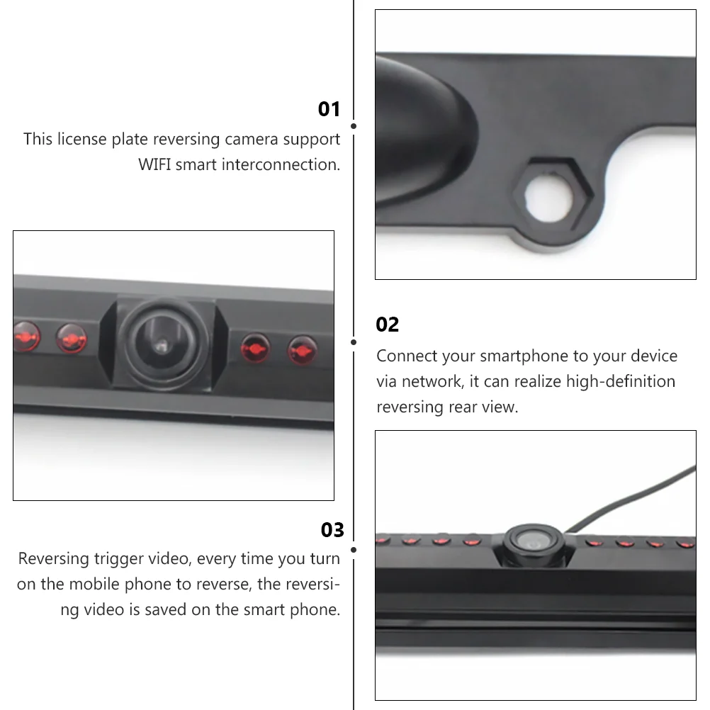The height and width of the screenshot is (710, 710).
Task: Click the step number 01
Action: pyautogui.click(x=329, y=109)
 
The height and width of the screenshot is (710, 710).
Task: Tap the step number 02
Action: pyautogui.click(x=387, y=325)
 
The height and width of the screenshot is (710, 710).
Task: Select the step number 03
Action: pyautogui.click(x=332, y=530)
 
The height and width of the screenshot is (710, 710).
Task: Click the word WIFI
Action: pyautogui.click(x=154, y=164)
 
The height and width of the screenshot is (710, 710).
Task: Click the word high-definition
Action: pyautogui.click(x=621, y=381)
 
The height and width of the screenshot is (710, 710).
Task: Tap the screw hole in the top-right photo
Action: pyautogui.click(x=548, y=198)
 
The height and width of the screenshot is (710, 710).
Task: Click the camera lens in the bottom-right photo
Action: pyautogui.click(x=533, y=541)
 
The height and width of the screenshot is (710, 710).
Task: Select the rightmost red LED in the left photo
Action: pyautogui.click(x=302, y=350)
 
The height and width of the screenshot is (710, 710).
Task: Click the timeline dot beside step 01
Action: pyautogui.click(x=354, y=126)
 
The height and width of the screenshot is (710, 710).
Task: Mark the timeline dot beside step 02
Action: pyautogui.click(x=354, y=342)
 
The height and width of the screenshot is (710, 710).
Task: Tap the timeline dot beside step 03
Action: pyautogui.click(x=354, y=550)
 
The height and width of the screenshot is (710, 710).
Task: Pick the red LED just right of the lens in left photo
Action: pyautogui.click(x=255, y=348)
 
